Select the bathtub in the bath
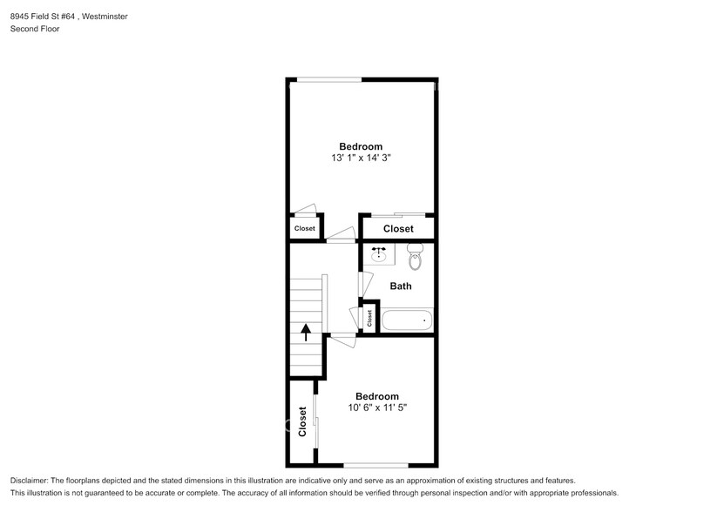pos(406,320)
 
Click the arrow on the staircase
pos(306,332)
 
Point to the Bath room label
pos(401,286)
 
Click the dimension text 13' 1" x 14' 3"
pos(361,158)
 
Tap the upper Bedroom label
pos(361,146)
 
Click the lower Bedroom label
pos(377,395)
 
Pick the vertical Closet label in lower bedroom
pos(302,421)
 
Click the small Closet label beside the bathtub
pos(369,319)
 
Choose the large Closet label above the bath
pos(398,229)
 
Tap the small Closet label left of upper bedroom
pos(304,229)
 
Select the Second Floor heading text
pos(34,29)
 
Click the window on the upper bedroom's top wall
pos(326,80)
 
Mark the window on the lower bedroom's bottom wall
pos(376,465)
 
